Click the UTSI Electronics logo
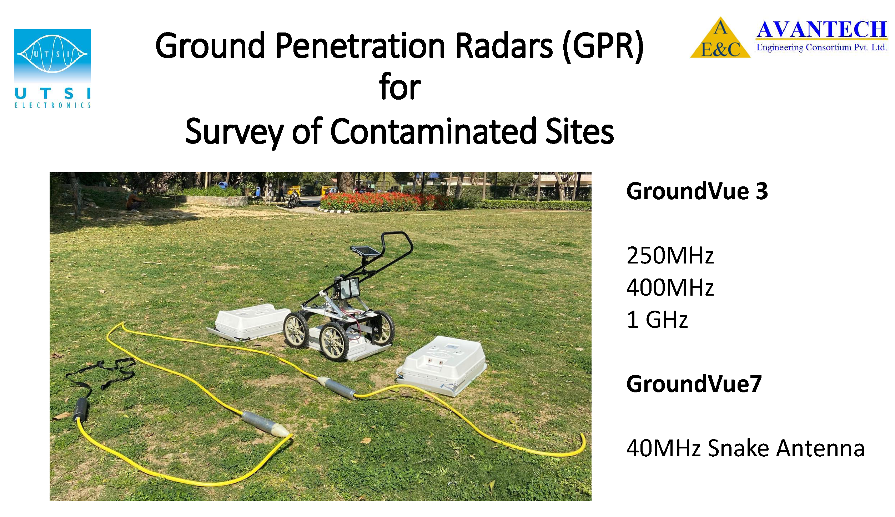click(x=52, y=69)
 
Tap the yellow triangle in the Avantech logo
click(x=720, y=39)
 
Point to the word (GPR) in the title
click(x=603, y=46)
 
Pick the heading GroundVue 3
click(x=697, y=191)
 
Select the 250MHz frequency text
click(x=670, y=255)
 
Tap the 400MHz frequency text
click(x=670, y=287)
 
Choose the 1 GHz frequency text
click(x=657, y=319)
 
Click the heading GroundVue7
click(x=694, y=384)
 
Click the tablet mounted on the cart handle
click(x=365, y=251)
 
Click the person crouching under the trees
click(x=134, y=201)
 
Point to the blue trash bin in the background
click(x=223, y=185)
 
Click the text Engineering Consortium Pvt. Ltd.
click(x=821, y=47)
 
